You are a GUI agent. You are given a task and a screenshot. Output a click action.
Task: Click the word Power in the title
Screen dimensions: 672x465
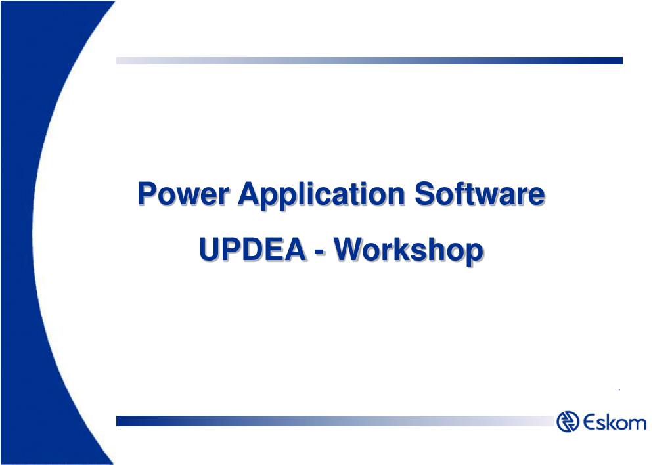[183, 194]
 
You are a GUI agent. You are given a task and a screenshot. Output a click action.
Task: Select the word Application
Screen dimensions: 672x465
[321, 196]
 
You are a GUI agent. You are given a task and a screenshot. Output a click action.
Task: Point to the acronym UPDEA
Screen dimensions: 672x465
[252, 249]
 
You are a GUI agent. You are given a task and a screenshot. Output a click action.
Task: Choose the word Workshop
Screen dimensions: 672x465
[409, 252]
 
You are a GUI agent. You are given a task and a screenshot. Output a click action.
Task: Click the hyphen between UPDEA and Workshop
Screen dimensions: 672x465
[319, 253]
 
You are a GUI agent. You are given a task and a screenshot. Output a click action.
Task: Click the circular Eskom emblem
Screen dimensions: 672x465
[568, 421]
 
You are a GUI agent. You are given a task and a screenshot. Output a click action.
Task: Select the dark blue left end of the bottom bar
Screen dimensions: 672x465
[129, 421]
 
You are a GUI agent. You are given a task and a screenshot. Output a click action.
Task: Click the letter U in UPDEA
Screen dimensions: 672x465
[210, 250]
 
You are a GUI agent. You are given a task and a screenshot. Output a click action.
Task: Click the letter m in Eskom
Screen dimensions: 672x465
[637, 424]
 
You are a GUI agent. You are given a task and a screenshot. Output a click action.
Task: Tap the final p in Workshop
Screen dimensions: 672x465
[475, 255]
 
